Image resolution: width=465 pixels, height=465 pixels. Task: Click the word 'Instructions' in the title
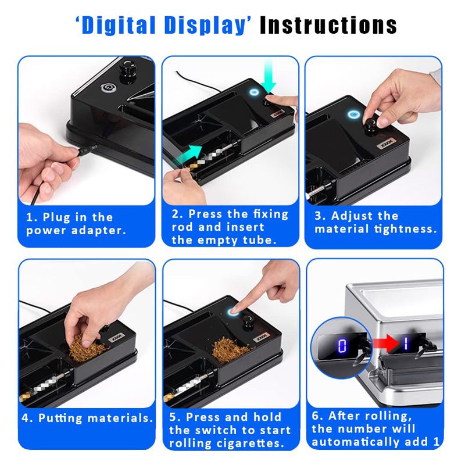pos(328,25)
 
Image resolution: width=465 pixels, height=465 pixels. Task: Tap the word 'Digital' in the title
pos(119,25)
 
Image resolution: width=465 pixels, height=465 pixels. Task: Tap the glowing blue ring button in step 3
pos(354,115)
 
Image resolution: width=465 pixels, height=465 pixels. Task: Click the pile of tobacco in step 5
pos(231,347)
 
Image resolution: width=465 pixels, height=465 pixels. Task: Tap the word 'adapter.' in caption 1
pos(99,231)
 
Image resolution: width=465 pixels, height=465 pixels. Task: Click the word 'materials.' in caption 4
pos(120,418)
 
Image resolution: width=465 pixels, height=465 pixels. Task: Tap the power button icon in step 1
pos(106,88)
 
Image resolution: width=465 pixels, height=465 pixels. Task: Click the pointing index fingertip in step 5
pos(234,310)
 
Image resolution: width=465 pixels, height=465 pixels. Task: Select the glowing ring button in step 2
pos(254,92)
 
